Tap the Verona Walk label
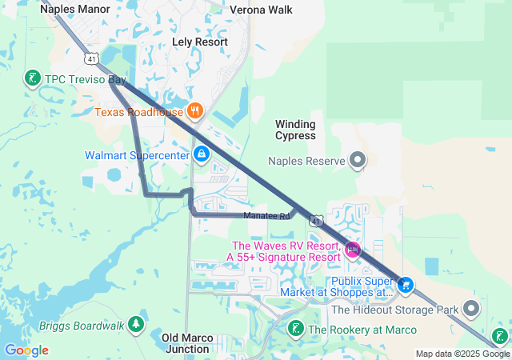tap(261, 10)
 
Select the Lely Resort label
tap(200, 42)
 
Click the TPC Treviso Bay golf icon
tap(33, 78)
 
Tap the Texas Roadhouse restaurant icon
tap(194, 110)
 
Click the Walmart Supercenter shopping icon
tap(202, 153)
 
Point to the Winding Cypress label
tap(296, 130)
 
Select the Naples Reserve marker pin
tap(358, 161)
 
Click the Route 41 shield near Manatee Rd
tap(317, 220)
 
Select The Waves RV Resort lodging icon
tap(352, 251)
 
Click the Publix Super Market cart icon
tap(406, 285)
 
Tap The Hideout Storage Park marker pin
tap(472, 308)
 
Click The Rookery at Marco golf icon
tap(295, 329)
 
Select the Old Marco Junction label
tap(187, 343)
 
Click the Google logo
tap(26, 350)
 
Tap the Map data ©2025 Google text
tap(462, 354)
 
